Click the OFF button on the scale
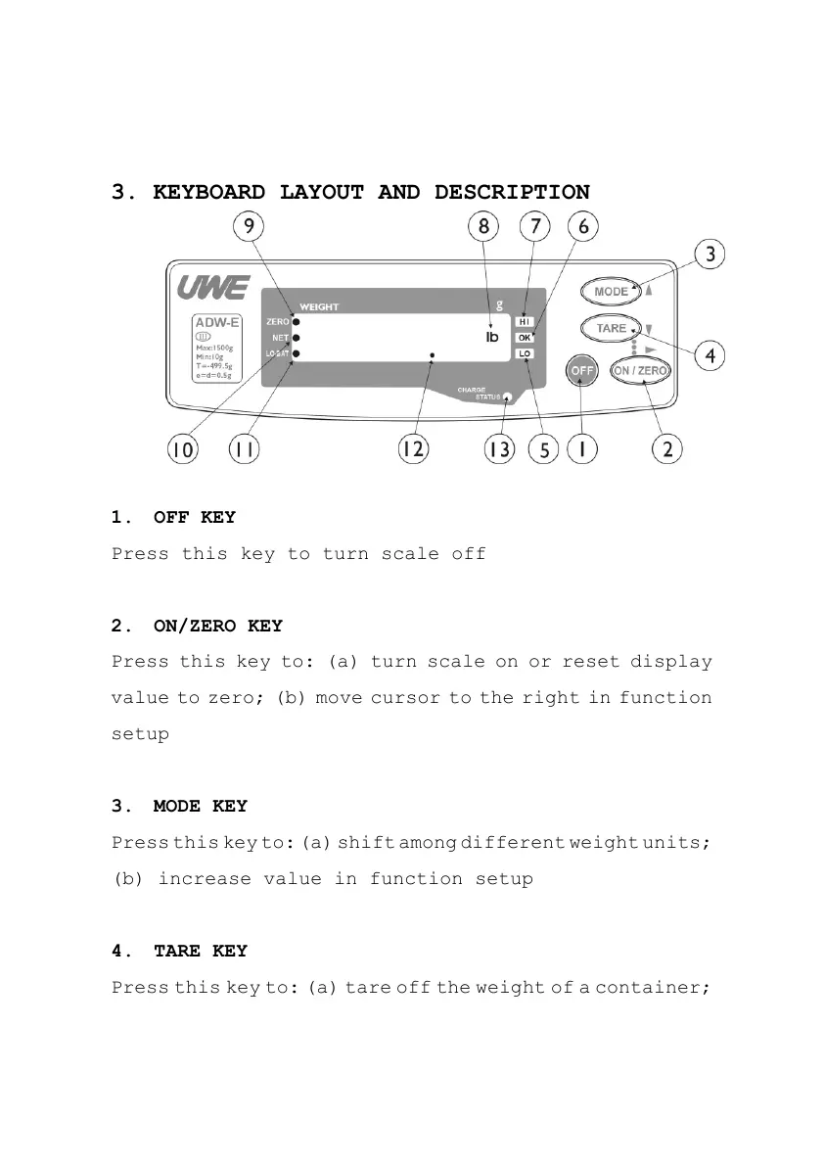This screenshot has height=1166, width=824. click(x=582, y=371)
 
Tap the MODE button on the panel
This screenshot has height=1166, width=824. click(x=612, y=292)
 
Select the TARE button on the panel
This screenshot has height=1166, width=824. click(x=612, y=329)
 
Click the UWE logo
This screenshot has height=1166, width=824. click(x=213, y=289)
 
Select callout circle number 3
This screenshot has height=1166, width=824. click(x=710, y=255)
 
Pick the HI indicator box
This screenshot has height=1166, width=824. click(x=525, y=321)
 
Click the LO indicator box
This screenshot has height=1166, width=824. click(x=525, y=353)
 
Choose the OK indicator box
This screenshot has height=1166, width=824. click(x=525, y=338)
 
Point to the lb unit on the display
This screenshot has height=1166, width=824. click(x=492, y=338)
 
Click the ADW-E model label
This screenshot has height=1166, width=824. click(x=217, y=321)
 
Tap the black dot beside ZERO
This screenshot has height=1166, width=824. click(x=296, y=321)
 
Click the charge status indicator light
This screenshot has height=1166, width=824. click(x=507, y=397)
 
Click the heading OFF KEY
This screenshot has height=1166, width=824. click(x=194, y=517)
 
